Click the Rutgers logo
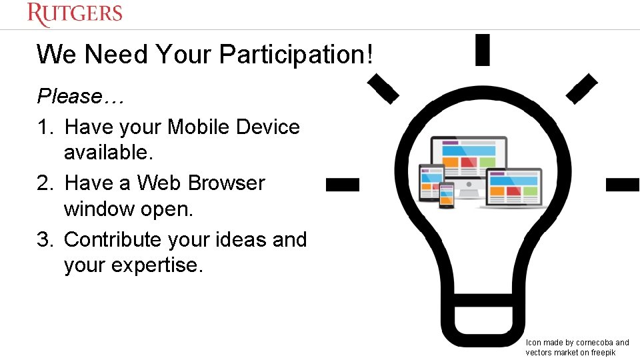[75, 14]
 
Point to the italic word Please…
[80, 96]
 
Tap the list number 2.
[44, 183]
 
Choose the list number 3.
[44, 239]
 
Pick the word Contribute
[113, 239]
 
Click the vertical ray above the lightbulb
[483, 50]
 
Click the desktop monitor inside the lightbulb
[468, 160]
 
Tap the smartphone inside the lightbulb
[446, 195]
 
